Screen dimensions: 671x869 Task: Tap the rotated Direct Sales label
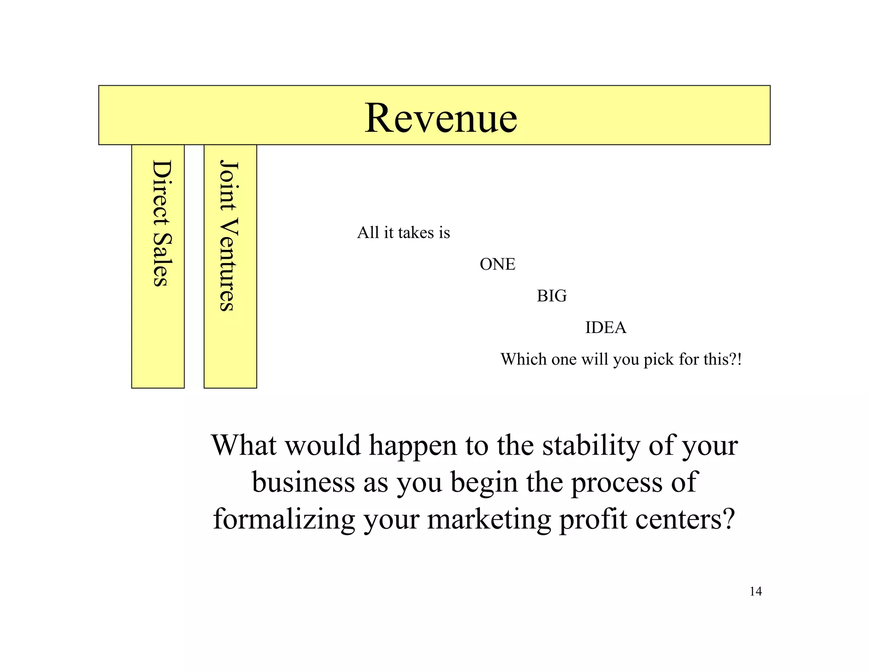[161, 223]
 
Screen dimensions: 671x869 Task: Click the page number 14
[756, 591]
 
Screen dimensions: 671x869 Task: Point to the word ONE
[497, 264]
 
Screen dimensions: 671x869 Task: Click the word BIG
[552, 296]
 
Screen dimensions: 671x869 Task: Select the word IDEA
[605, 327]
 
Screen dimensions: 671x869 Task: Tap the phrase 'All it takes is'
[403, 232]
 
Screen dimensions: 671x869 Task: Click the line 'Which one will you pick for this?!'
[621, 359]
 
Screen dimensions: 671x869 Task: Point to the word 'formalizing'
[284, 519]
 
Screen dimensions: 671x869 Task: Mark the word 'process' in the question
[616, 484]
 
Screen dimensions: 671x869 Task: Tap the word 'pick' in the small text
[659, 360]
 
